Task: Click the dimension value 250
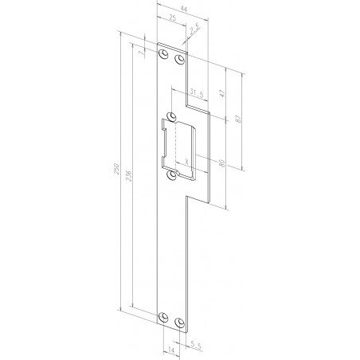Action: tap(116, 169)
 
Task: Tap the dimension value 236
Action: tap(128, 176)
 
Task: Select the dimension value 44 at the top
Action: tap(184, 9)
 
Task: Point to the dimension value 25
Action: tap(172, 18)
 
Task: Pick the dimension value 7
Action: tap(143, 53)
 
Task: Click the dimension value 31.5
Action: tap(197, 93)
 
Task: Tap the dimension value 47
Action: tap(222, 93)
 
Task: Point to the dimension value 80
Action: tap(222, 163)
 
